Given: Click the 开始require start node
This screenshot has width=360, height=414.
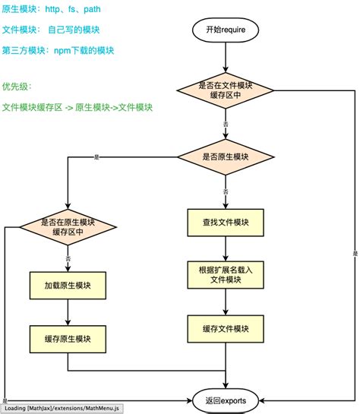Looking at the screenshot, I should (x=226, y=30).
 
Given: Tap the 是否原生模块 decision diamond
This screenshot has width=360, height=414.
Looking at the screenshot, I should (x=226, y=157).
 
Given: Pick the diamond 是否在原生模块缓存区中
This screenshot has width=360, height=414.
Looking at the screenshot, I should (x=68, y=227).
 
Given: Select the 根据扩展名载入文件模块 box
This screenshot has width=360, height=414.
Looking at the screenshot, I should (x=226, y=274).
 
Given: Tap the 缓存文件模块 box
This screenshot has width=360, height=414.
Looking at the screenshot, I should (x=226, y=328).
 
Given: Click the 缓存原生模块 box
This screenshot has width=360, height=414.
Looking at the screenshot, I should (x=68, y=339).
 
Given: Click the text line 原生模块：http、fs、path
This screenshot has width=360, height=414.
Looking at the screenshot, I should (x=50, y=9).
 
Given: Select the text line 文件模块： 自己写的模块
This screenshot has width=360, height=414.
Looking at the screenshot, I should (x=50, y=30).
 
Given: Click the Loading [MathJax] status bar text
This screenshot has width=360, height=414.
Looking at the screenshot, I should (x=62, y=408).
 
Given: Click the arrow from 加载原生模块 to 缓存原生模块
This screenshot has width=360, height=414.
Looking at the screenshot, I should (x=68, y=311).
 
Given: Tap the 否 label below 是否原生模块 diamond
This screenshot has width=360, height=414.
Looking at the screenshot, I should (x=226, y=191).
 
